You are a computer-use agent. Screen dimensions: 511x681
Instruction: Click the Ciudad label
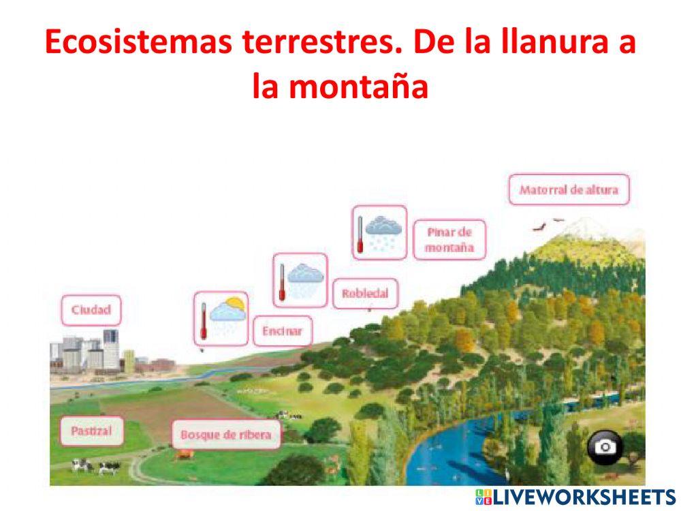pos(91,310)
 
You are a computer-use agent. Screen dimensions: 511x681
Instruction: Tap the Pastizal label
pos(91,431)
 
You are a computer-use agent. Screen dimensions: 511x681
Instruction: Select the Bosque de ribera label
pos(226,434)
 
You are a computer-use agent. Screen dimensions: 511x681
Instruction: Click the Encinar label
pos(282,332)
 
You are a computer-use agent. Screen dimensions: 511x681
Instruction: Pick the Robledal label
pos(365,294)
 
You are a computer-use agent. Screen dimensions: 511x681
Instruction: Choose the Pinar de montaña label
pos(449,240)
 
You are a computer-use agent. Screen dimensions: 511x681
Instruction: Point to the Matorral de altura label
pos(569,189)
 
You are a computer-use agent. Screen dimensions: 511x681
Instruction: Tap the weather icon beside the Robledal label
pos(300,279)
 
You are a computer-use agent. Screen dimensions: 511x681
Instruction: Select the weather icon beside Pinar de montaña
pos(379,232)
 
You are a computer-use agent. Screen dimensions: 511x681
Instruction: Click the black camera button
pos(604,447)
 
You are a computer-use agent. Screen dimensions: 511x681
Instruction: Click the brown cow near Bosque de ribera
pos(183,454)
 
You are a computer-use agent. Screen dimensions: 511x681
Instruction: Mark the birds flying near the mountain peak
pos(549,223)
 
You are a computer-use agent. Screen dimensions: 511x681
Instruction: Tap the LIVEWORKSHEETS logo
pos(575,497)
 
